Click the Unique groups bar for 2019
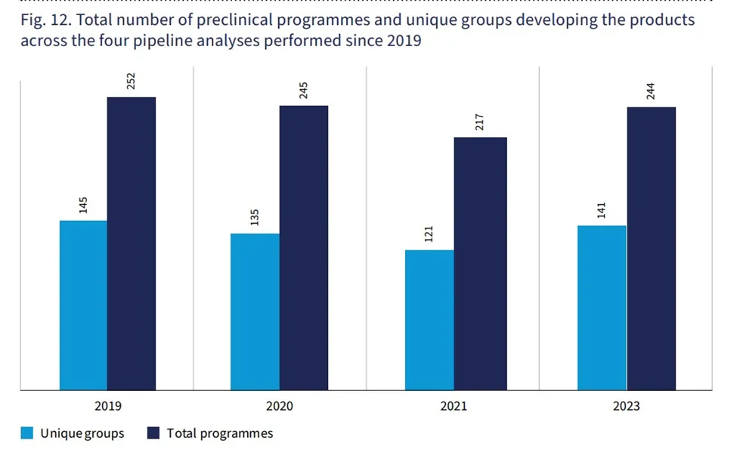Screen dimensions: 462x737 [x=83, y=305]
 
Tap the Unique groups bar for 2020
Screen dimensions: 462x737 [x=255, y=312]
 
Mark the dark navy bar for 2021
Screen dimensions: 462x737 [x=480, y=264]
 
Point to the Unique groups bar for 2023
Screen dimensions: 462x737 [x=602, y=308]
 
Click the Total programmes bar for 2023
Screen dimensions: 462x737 [x=651, y=249]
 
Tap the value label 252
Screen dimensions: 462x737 [x=132, y=81]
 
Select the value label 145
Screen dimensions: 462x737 [x=83, y=204]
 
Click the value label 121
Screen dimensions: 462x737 [x=429, y=234]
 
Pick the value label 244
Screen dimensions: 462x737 [x=651, y=91]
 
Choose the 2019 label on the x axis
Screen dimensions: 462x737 [x=107, y=406]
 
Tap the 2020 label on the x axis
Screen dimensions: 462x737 [x=280, y=406]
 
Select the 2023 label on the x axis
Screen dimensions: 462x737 [x=626, y=406]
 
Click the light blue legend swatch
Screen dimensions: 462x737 [x=27, y=433]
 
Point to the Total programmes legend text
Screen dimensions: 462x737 [x=220, y=433]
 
